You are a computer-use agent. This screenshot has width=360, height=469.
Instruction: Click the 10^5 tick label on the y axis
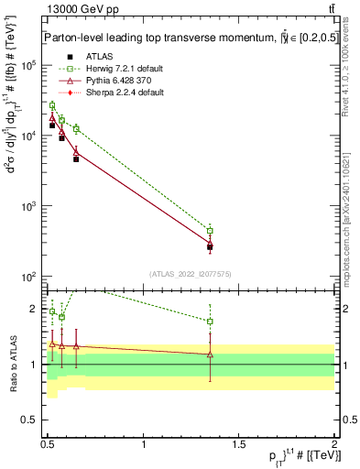[27, 65]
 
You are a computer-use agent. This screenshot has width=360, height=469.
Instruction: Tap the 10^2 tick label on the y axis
[27, 277]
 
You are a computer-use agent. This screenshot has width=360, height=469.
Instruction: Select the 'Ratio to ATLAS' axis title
[11, 364]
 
